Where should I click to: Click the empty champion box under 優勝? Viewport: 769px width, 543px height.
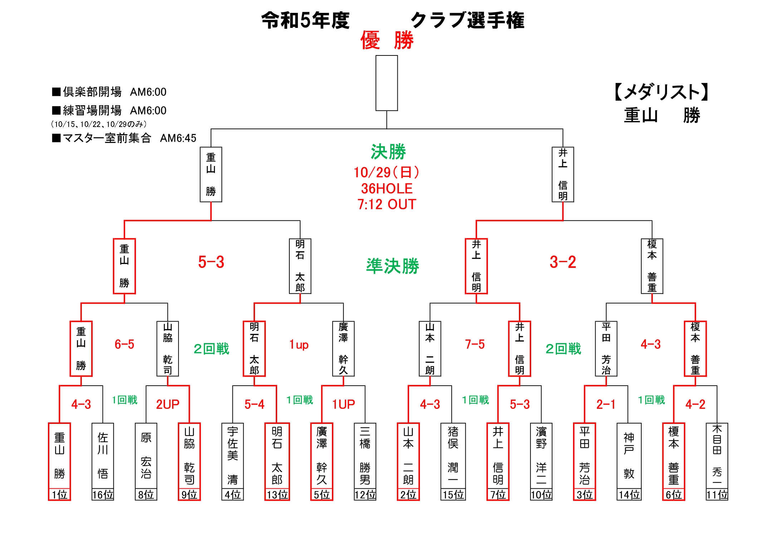386,83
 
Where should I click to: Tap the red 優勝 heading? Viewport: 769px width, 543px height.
387,40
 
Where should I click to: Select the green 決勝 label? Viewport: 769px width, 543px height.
388,152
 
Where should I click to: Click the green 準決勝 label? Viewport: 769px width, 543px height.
392,266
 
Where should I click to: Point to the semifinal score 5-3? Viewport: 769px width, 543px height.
211,262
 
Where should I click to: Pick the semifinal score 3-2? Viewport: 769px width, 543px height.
563,262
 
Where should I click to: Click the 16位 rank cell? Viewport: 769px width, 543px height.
103,495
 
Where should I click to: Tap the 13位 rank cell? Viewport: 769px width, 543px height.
277,495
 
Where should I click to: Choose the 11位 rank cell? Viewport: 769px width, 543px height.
717,495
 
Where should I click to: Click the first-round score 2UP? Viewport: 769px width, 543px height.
167,405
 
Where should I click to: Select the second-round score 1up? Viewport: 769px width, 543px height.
299,345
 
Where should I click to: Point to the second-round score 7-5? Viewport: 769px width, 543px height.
475,344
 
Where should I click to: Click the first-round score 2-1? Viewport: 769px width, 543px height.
606,405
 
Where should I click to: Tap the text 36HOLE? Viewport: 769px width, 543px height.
387,189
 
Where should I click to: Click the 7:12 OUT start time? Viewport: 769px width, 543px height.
387,205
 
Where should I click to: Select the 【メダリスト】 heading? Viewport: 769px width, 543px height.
661,92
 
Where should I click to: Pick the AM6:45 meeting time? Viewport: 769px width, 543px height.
178,138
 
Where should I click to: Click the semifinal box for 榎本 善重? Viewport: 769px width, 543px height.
652,266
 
